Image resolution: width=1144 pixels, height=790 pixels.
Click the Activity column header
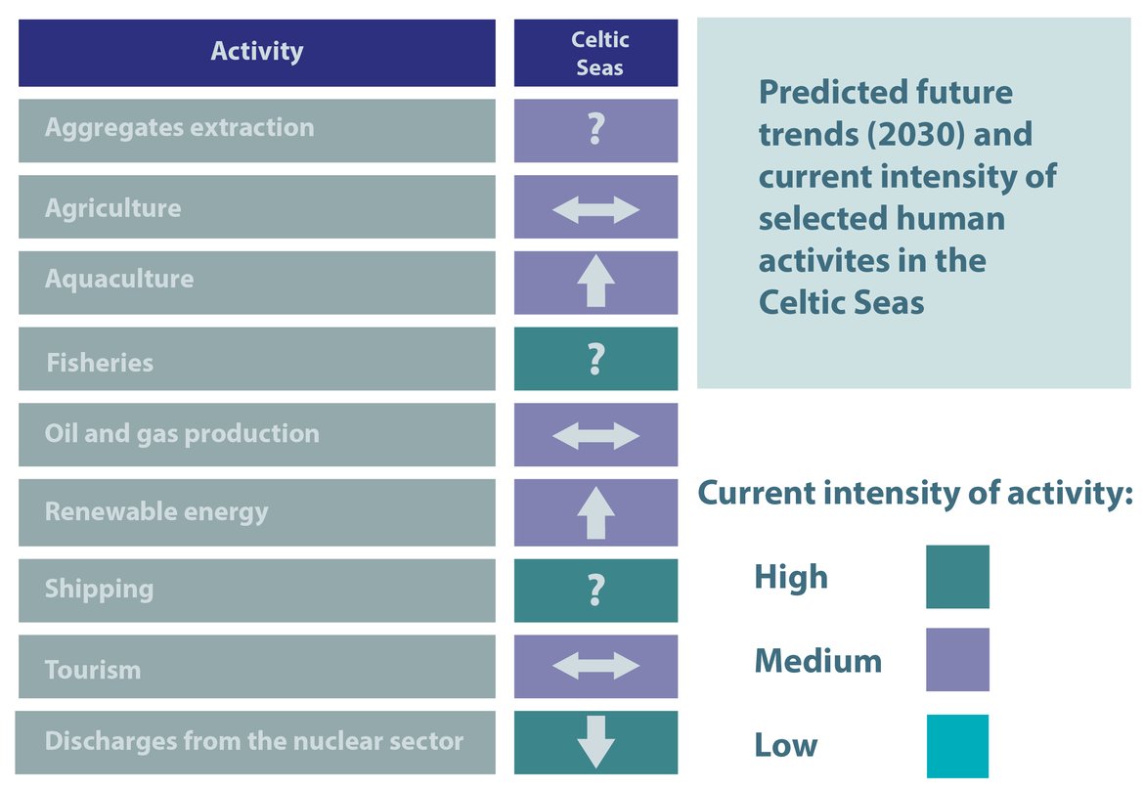pos(256,52)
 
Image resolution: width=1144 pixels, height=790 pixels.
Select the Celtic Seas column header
pos(595,54)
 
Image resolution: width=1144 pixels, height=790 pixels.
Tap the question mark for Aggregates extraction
pos(595,130)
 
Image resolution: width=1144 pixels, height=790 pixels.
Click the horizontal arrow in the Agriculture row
pos(595,209)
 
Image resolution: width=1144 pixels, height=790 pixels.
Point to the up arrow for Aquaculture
pos(595,282)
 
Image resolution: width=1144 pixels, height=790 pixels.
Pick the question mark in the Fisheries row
pos(595,360)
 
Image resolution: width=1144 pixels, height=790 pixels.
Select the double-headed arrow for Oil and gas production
pos(595,435)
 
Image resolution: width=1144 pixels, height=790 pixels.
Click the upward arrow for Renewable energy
pos(595,512)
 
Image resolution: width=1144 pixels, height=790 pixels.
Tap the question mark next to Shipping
pos(595,591)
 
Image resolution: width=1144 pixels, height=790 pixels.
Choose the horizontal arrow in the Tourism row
pos(595,667)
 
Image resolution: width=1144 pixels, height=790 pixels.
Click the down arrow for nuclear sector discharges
pos(595,742)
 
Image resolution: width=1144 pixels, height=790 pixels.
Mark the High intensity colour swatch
pos(957,577)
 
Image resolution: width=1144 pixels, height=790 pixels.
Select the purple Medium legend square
pos(957,660)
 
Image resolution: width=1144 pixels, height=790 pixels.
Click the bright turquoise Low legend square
pos(957,746)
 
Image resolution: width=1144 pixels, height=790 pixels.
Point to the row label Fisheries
pos(100,363)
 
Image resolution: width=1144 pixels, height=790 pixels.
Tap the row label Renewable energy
pos(156,511)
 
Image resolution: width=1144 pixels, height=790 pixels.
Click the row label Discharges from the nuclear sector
pos(254,741)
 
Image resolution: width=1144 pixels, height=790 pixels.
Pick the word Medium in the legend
pos(817,661)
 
